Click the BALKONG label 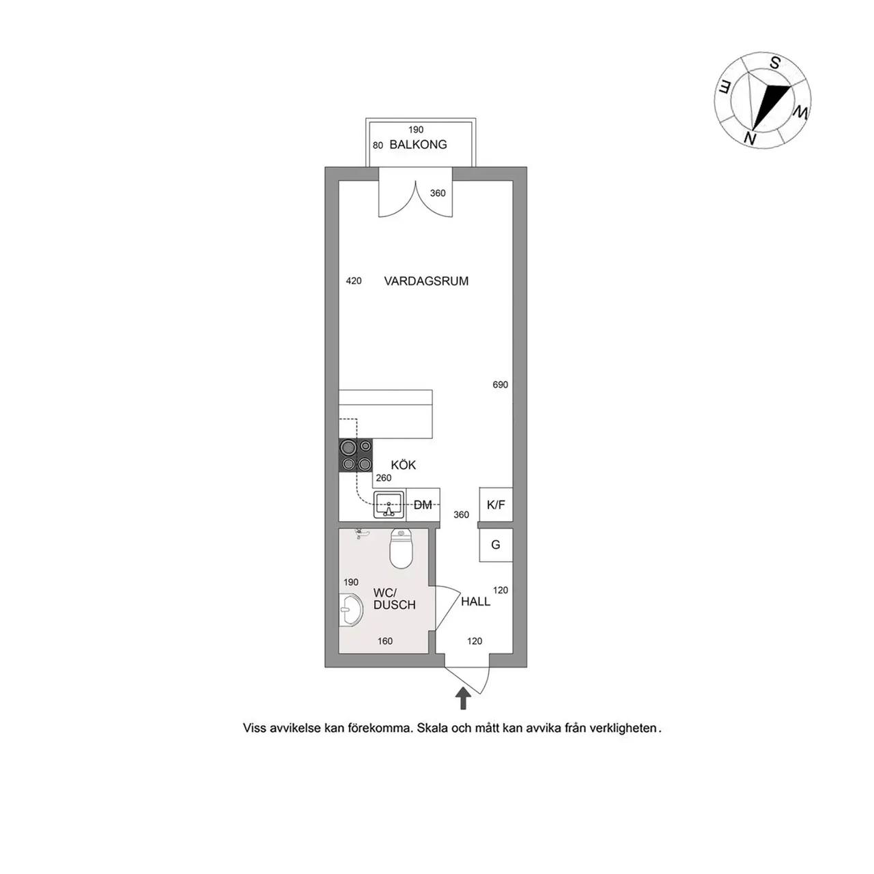(x=418, y=145)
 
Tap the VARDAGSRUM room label (x=426, y=281)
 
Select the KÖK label (x=404, y=465)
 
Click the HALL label (x=475, y=602)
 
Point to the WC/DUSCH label (x=394, y=599)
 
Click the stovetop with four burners (x=356, y=456)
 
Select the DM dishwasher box (x=423, y=505)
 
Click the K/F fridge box (x=496, y=505)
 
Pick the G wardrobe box (x=496, y=545)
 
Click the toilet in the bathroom (x=401, y=548)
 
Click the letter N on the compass (x=750, y=139)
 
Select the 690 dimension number (x=501, y=385)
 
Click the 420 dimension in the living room (x=354, y=281)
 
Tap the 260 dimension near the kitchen (x=383, y=478)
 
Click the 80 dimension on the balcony (x=378, y=145)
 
